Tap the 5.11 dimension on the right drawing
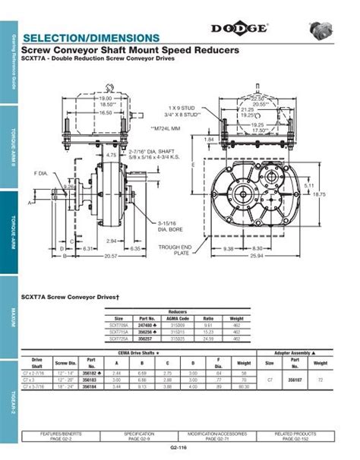coord(330,185)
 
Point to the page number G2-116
coord(179,452)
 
